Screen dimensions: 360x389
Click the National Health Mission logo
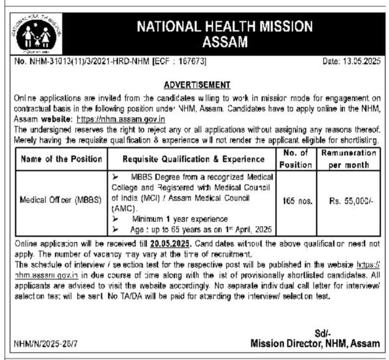36,35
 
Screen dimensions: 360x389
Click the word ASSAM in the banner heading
225,42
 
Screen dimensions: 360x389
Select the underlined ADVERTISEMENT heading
197,85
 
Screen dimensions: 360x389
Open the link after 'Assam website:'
121,120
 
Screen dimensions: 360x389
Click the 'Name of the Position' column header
62,159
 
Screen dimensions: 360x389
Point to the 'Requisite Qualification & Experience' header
193,159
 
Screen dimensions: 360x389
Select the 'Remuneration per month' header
349,159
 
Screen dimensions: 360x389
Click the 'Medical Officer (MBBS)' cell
61,200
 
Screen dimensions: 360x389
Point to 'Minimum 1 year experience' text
180,219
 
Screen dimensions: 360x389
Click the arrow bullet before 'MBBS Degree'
115,177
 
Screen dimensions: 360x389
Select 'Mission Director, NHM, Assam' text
315,343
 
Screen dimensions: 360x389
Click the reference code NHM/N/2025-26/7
46,344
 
